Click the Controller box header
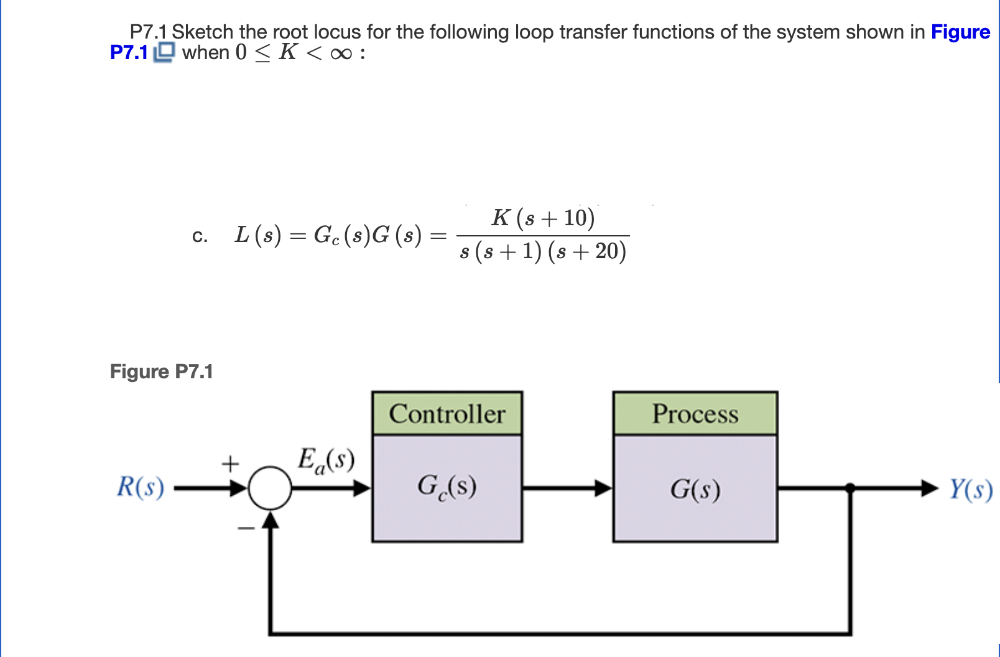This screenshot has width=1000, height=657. tap(447, 414)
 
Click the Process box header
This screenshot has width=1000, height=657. tap(695, 414)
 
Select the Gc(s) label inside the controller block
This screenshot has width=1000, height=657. tap(447, 487)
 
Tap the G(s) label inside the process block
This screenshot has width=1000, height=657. tap(695, 489)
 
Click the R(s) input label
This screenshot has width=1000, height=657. tap(141, 487)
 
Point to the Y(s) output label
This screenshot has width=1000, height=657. tap(970, 490)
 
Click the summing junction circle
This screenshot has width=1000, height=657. tap(270, 488)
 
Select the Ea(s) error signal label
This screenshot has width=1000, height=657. tap(325, 461)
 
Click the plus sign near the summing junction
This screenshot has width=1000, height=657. tap(230, 464)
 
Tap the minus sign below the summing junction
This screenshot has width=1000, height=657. tap(246, 529)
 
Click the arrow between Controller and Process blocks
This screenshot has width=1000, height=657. tap(567, 488)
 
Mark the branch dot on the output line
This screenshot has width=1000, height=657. tap(850, 488)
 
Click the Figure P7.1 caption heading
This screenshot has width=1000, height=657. tap(161, 371)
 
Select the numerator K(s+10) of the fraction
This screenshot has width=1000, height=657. tap(543, 218)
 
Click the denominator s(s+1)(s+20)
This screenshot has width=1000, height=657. tap(543, 251)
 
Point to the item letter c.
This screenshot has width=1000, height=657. tap(199, 236)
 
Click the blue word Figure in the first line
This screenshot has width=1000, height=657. tap(960, 32)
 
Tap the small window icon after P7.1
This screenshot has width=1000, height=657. tap(164, 52)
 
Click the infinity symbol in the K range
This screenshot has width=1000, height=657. tap(341, 54)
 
